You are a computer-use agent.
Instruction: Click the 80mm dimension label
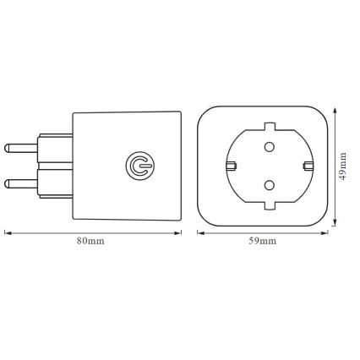(x=90, y=242)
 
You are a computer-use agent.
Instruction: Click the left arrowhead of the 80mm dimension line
(x=7, y=230)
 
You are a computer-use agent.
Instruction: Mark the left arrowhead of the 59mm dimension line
(x=200, y=230)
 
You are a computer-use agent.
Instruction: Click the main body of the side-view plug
(x=127, y=194)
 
